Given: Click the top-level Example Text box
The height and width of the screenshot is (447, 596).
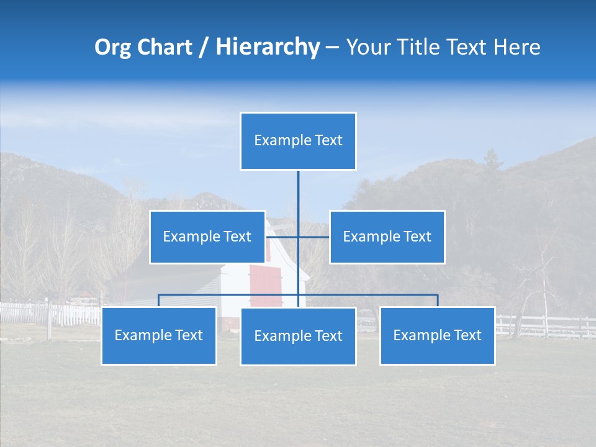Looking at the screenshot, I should tap(298, 141).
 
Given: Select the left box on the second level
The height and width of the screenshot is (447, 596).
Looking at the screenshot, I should tap(207, 237).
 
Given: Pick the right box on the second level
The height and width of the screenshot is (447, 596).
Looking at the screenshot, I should tap(387, 237).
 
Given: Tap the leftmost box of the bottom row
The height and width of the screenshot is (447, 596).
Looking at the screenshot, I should tap(158, 335).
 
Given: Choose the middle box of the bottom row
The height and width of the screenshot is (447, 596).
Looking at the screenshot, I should tap(298, 336).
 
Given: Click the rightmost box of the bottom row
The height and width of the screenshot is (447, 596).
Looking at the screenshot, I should tap(437, 335).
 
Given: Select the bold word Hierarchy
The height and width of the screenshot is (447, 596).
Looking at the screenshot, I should tap(267, 47).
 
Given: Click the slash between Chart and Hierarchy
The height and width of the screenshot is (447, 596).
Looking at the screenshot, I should tap(204, 47).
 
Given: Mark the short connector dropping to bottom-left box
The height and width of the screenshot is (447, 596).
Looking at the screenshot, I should tap(158, 300).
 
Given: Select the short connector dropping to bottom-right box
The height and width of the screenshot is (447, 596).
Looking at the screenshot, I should tap(438, 300).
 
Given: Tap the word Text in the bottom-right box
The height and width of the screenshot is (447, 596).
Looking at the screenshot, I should tap(466, 335).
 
